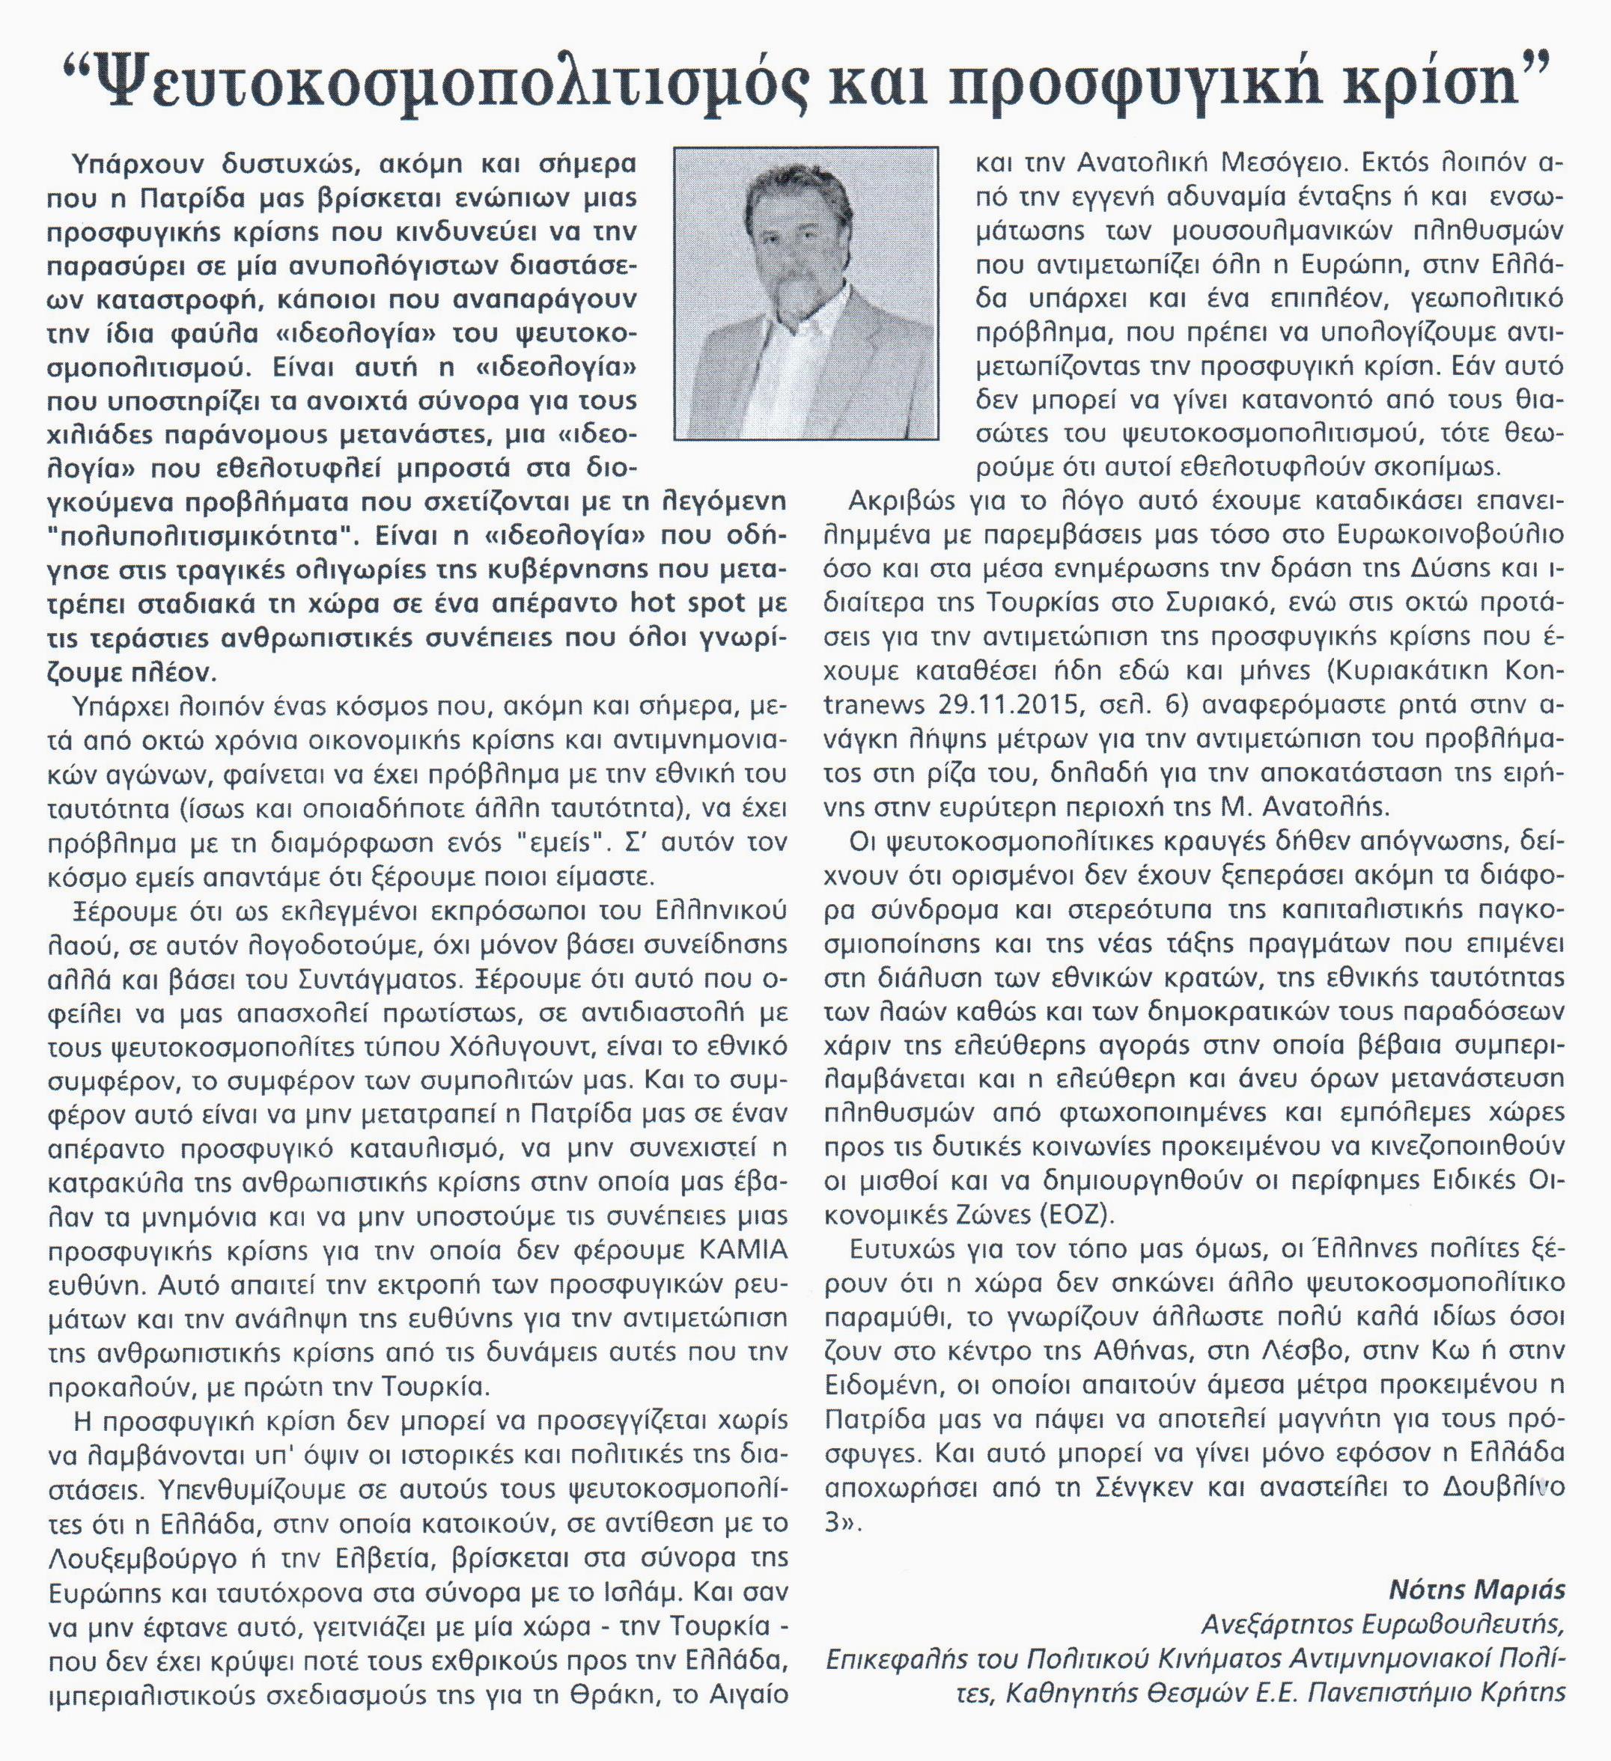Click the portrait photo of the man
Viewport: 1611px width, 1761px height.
[x=806, y=293]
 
